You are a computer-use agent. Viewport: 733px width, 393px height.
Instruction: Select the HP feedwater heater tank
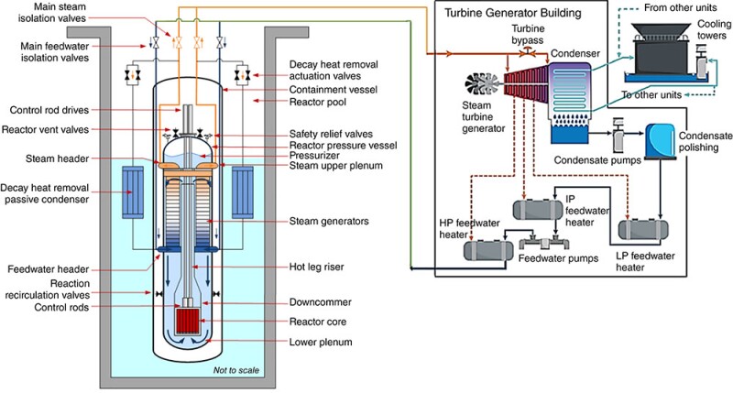pyautogui.click(x=488, y=248)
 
